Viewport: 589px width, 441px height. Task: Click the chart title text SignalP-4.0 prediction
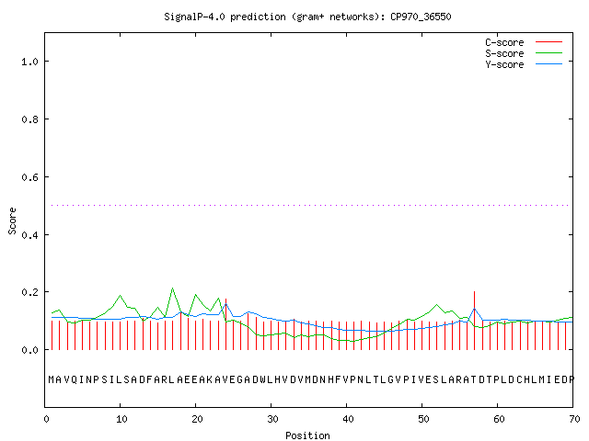[x=225, y=17]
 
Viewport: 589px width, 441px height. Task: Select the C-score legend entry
[x=524, y=42]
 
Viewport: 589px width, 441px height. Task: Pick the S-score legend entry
[x=524, y=53]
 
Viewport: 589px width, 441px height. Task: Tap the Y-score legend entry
[x=524, y=64]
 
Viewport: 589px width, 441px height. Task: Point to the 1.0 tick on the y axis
[x=29, y=62]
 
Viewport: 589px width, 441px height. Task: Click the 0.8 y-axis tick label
[x=29, y=119]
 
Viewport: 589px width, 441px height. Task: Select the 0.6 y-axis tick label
[x=29, y=177]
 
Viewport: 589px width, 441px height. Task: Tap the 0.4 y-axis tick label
[x=29, y=235]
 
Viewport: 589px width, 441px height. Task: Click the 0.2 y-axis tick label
[x=29, y=292]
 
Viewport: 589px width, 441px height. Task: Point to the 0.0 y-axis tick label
[x=29, y=350]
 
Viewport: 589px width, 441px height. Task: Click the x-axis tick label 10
[x=121, y=419]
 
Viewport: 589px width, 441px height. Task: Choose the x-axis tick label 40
[x=348, y=419]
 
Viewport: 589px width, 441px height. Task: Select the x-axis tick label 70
[x=574, y=419]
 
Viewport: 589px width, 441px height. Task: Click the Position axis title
[x=307, y=435]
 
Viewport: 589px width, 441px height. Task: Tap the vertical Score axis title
[x=12, y=220]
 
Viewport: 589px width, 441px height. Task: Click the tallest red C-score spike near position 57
[x=475, y=321]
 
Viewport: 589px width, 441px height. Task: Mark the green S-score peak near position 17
[x=172, y=288]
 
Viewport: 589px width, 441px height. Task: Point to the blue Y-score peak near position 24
[x=225, y=304]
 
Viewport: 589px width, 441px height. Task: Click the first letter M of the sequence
[x=52, y=379]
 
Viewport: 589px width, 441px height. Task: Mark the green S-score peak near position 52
[x=436, y=304]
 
